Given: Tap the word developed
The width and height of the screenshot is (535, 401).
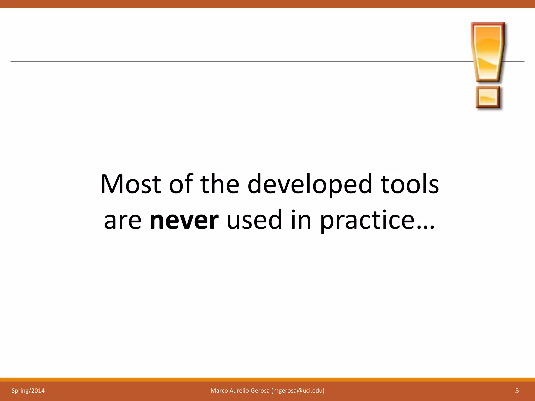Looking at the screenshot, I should point(310,185).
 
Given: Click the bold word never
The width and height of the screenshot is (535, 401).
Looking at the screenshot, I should point(184,220).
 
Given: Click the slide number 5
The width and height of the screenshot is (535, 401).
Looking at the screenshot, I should point(517,391).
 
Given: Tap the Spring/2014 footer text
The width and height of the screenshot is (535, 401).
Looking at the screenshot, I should point(28,391).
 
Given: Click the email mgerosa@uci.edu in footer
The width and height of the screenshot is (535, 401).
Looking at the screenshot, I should point(298,391).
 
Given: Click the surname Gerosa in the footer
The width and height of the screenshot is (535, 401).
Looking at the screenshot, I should point(260,391).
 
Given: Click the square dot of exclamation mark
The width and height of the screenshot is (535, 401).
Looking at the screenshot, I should point(488,97).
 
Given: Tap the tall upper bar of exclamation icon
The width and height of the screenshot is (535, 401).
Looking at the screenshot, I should point(488,52).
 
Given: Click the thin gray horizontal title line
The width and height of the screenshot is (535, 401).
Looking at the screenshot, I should point(235,62).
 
